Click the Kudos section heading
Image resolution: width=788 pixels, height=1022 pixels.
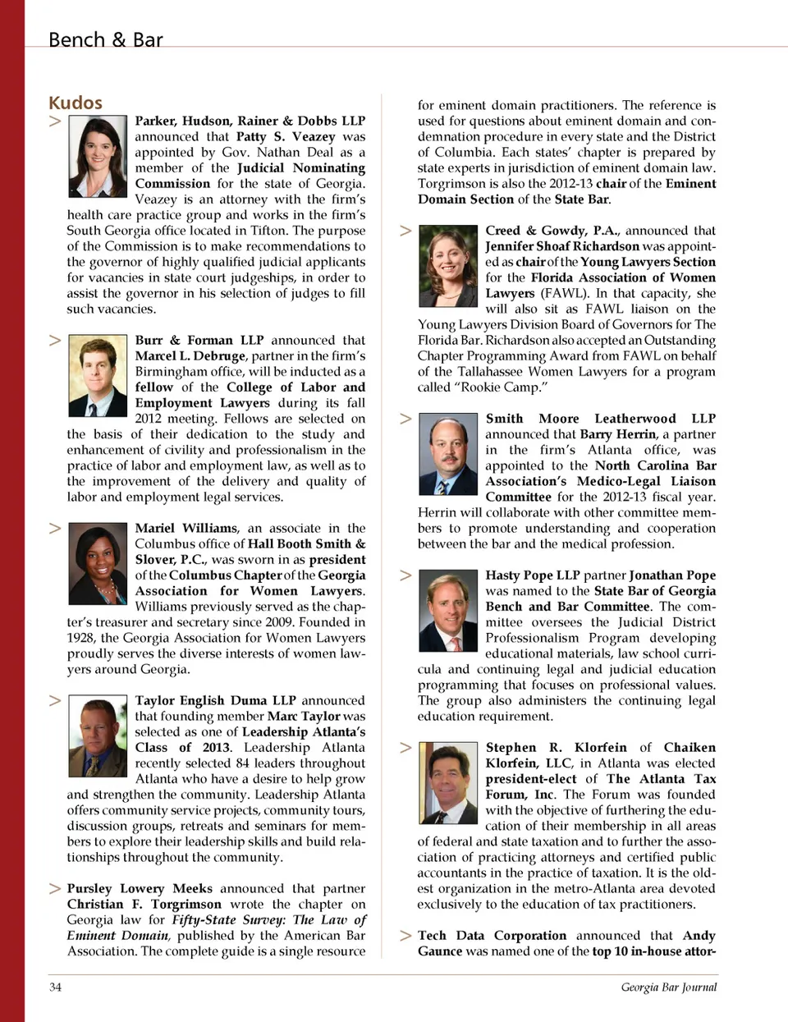(76, 103)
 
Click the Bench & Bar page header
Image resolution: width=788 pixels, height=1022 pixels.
(105, 39)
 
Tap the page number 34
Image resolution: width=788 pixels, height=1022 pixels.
(55, 987)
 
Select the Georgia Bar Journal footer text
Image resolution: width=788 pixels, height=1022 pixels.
(668, 987)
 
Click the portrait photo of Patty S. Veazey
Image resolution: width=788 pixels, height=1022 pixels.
(98, 156)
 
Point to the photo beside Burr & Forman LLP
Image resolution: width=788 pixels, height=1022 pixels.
(98, 375)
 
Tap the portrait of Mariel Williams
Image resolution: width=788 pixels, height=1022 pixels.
(98, 563)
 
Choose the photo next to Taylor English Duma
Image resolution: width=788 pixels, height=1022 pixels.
(98, 736)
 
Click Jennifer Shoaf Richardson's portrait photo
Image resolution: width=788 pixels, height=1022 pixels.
(448, 266)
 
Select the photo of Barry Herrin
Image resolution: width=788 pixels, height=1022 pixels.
(448, 454)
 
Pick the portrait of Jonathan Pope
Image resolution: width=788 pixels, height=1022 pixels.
(448, 611)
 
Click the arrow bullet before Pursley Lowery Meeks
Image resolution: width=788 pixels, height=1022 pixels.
(55, 888)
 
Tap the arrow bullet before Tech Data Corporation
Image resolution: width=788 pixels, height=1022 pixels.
(405, 936)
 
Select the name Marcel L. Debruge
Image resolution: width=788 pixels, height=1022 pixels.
(190, 356)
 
